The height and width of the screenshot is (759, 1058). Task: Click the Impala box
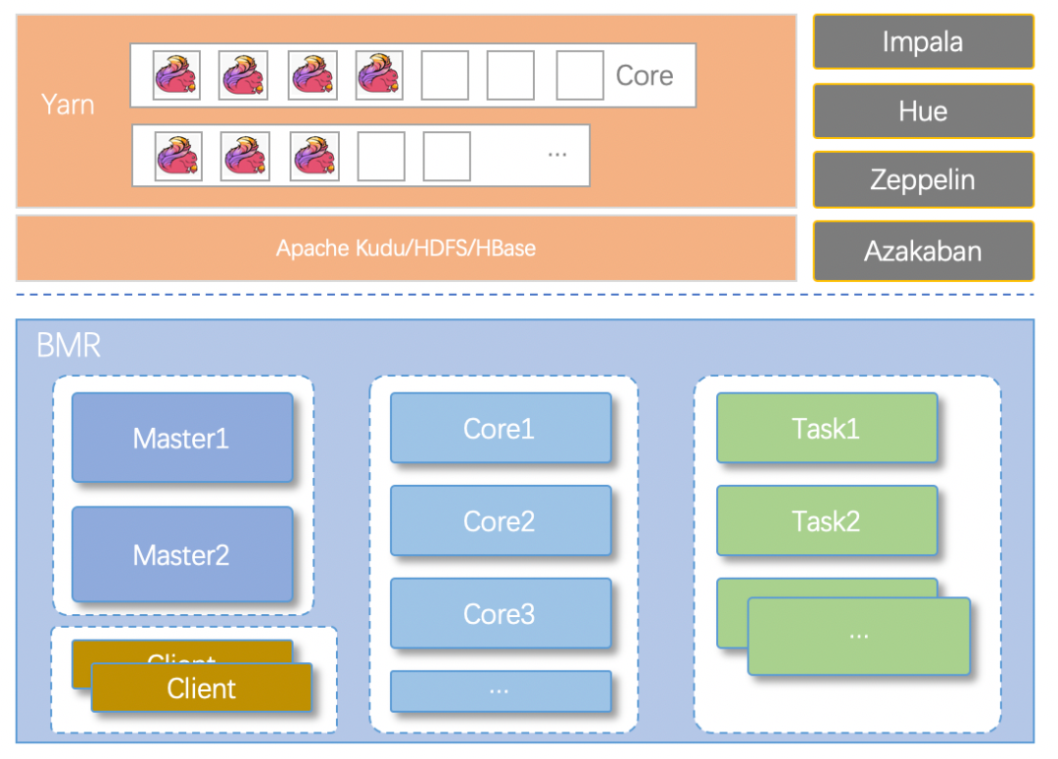coord(923,42)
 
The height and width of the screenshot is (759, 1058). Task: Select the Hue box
coord(923,111)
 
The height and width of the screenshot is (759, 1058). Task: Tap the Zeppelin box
coord(923,179)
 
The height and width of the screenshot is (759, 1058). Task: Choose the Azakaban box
coord(923,251)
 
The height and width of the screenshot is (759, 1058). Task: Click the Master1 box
coord(182,438)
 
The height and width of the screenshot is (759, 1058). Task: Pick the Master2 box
coord(182,554)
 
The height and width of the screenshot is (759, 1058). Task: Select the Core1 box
coord(500,428)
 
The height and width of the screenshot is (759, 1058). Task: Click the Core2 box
coord(500,521)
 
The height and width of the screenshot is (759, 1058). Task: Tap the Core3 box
coord(500,614)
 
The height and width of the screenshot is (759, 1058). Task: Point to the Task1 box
coord(827,428)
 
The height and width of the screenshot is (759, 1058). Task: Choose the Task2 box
coord(827,521)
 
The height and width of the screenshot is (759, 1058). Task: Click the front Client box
coord(202,688)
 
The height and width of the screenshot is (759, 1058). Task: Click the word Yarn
coord(68,104)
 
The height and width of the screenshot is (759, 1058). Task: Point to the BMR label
coord(69,346)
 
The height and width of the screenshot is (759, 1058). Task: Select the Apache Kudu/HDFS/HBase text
coord(406,248)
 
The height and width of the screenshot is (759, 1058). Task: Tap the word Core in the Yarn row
coord(644,75)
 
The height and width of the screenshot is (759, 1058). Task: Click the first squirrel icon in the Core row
coord(176,75)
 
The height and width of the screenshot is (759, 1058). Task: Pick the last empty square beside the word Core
coord(580,75)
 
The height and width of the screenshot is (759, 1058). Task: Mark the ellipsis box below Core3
coord(500,690)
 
